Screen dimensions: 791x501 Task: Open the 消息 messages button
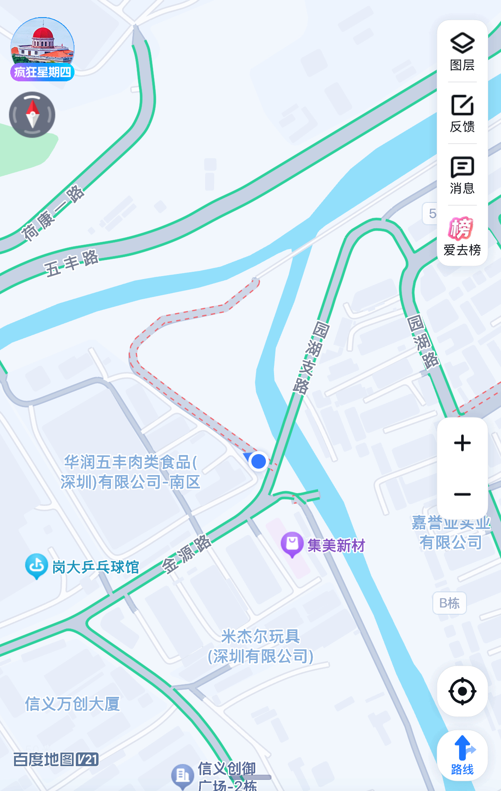tap(462, 175)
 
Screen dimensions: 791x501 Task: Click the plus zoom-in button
tap(462, 443)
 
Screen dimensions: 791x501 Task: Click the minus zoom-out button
tap(462, 494)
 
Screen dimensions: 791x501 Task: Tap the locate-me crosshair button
tap(462, 691)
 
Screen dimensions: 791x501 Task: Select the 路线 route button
tap(462, 755)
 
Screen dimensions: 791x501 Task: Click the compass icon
tap(32, 115)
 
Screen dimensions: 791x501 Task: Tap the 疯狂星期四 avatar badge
tap(42, 49)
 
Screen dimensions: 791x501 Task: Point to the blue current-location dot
tap(259, 461)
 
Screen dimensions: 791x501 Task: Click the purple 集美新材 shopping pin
tap(292, 544)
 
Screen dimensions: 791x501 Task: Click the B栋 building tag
tap(449, 603)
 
